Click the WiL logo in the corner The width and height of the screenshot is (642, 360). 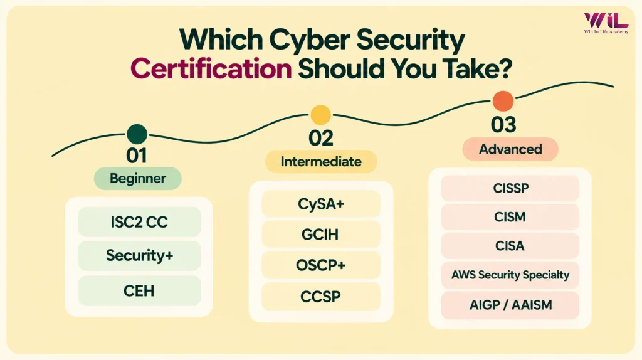tap(606, 23)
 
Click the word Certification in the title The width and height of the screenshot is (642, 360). tap(211, 68)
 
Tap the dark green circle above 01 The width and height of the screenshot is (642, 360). tap(137, 134)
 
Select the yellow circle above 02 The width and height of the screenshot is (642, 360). tap(320, 115)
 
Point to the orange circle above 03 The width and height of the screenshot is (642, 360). tap(503, 101)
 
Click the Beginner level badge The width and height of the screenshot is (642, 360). tap(137, 178)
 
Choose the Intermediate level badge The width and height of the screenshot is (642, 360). tap(321, 161)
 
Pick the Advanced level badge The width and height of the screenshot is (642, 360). tap(510, 149)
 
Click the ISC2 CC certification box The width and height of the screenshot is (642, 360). tap(139, 221)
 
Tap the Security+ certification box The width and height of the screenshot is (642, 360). tap(139, 255)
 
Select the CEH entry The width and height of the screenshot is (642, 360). tap(139, 291)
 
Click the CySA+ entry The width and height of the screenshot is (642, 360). tap(321, 204)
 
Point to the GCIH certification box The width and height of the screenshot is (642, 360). tap(321, 235)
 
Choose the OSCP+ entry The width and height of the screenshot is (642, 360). tap(321, 265)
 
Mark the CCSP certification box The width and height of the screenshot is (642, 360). tap(321, 296)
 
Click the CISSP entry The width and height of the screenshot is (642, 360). tap(510, 188)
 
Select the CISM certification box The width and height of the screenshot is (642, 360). tap(510, 216)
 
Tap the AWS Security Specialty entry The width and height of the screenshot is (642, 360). tap(510, 275)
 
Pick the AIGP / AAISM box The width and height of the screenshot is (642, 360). tap(510, 305)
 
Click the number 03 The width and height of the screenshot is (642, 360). tap(503, 125)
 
